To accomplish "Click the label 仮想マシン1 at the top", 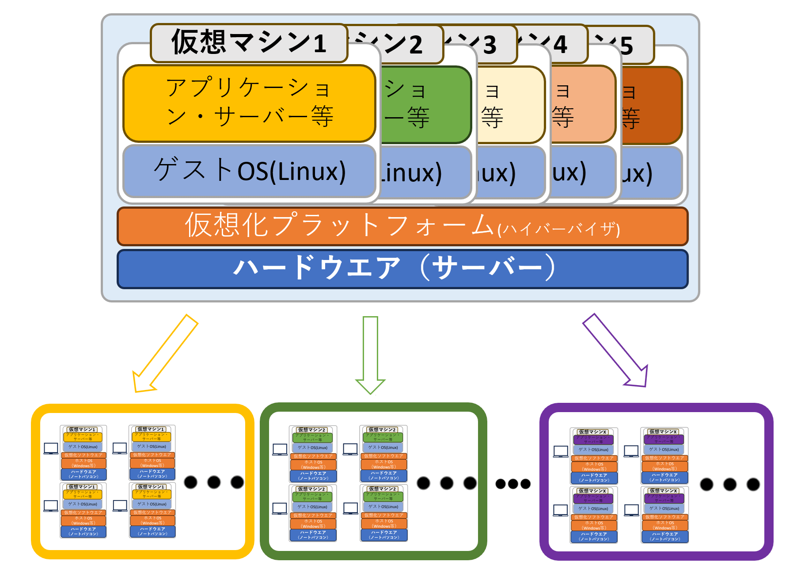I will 249,43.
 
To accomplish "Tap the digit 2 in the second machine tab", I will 415,45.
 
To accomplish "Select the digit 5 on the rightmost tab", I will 626,46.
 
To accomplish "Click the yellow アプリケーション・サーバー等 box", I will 249,103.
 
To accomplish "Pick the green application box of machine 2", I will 424,105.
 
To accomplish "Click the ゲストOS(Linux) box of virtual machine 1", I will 249,171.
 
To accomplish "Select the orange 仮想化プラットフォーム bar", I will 402,226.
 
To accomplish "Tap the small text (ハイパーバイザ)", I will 558,229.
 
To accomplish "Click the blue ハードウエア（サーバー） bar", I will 402,268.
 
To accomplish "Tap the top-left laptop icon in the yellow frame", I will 51,448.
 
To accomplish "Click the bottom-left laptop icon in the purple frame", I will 561,510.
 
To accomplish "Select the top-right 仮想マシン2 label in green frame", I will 383,429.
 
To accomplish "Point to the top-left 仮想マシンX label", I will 592,432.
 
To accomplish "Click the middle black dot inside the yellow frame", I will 214,482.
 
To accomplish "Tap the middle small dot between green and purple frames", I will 513,484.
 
